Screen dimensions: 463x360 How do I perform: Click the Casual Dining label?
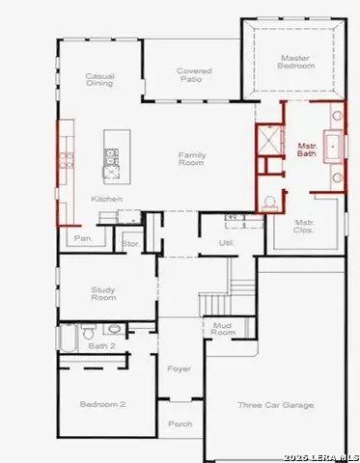click(x=99, y=79)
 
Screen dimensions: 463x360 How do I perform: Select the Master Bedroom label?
click(x=296, y=61)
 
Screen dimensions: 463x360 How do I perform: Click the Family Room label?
click(x=192, y=158)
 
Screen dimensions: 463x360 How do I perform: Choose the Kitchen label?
click(x=106, y=199)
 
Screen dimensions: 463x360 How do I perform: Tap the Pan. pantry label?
click(x=84, y=237)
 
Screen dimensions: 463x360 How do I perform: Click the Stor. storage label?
click(x=131, y=244)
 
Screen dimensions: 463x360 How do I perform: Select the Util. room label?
click(x=227, y=243)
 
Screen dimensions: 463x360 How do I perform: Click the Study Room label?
click(x=103, y=293)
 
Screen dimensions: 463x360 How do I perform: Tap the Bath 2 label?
click(x=101, y=345)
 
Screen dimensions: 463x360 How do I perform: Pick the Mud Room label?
click(x=222, y=330)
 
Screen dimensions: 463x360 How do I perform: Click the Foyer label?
click(x=180, y=368)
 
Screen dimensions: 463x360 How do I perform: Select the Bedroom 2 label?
click(x=102, y=404)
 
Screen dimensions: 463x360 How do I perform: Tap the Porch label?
click(x=180, y=423)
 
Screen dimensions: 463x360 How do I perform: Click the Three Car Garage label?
click(x=277, y=405)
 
